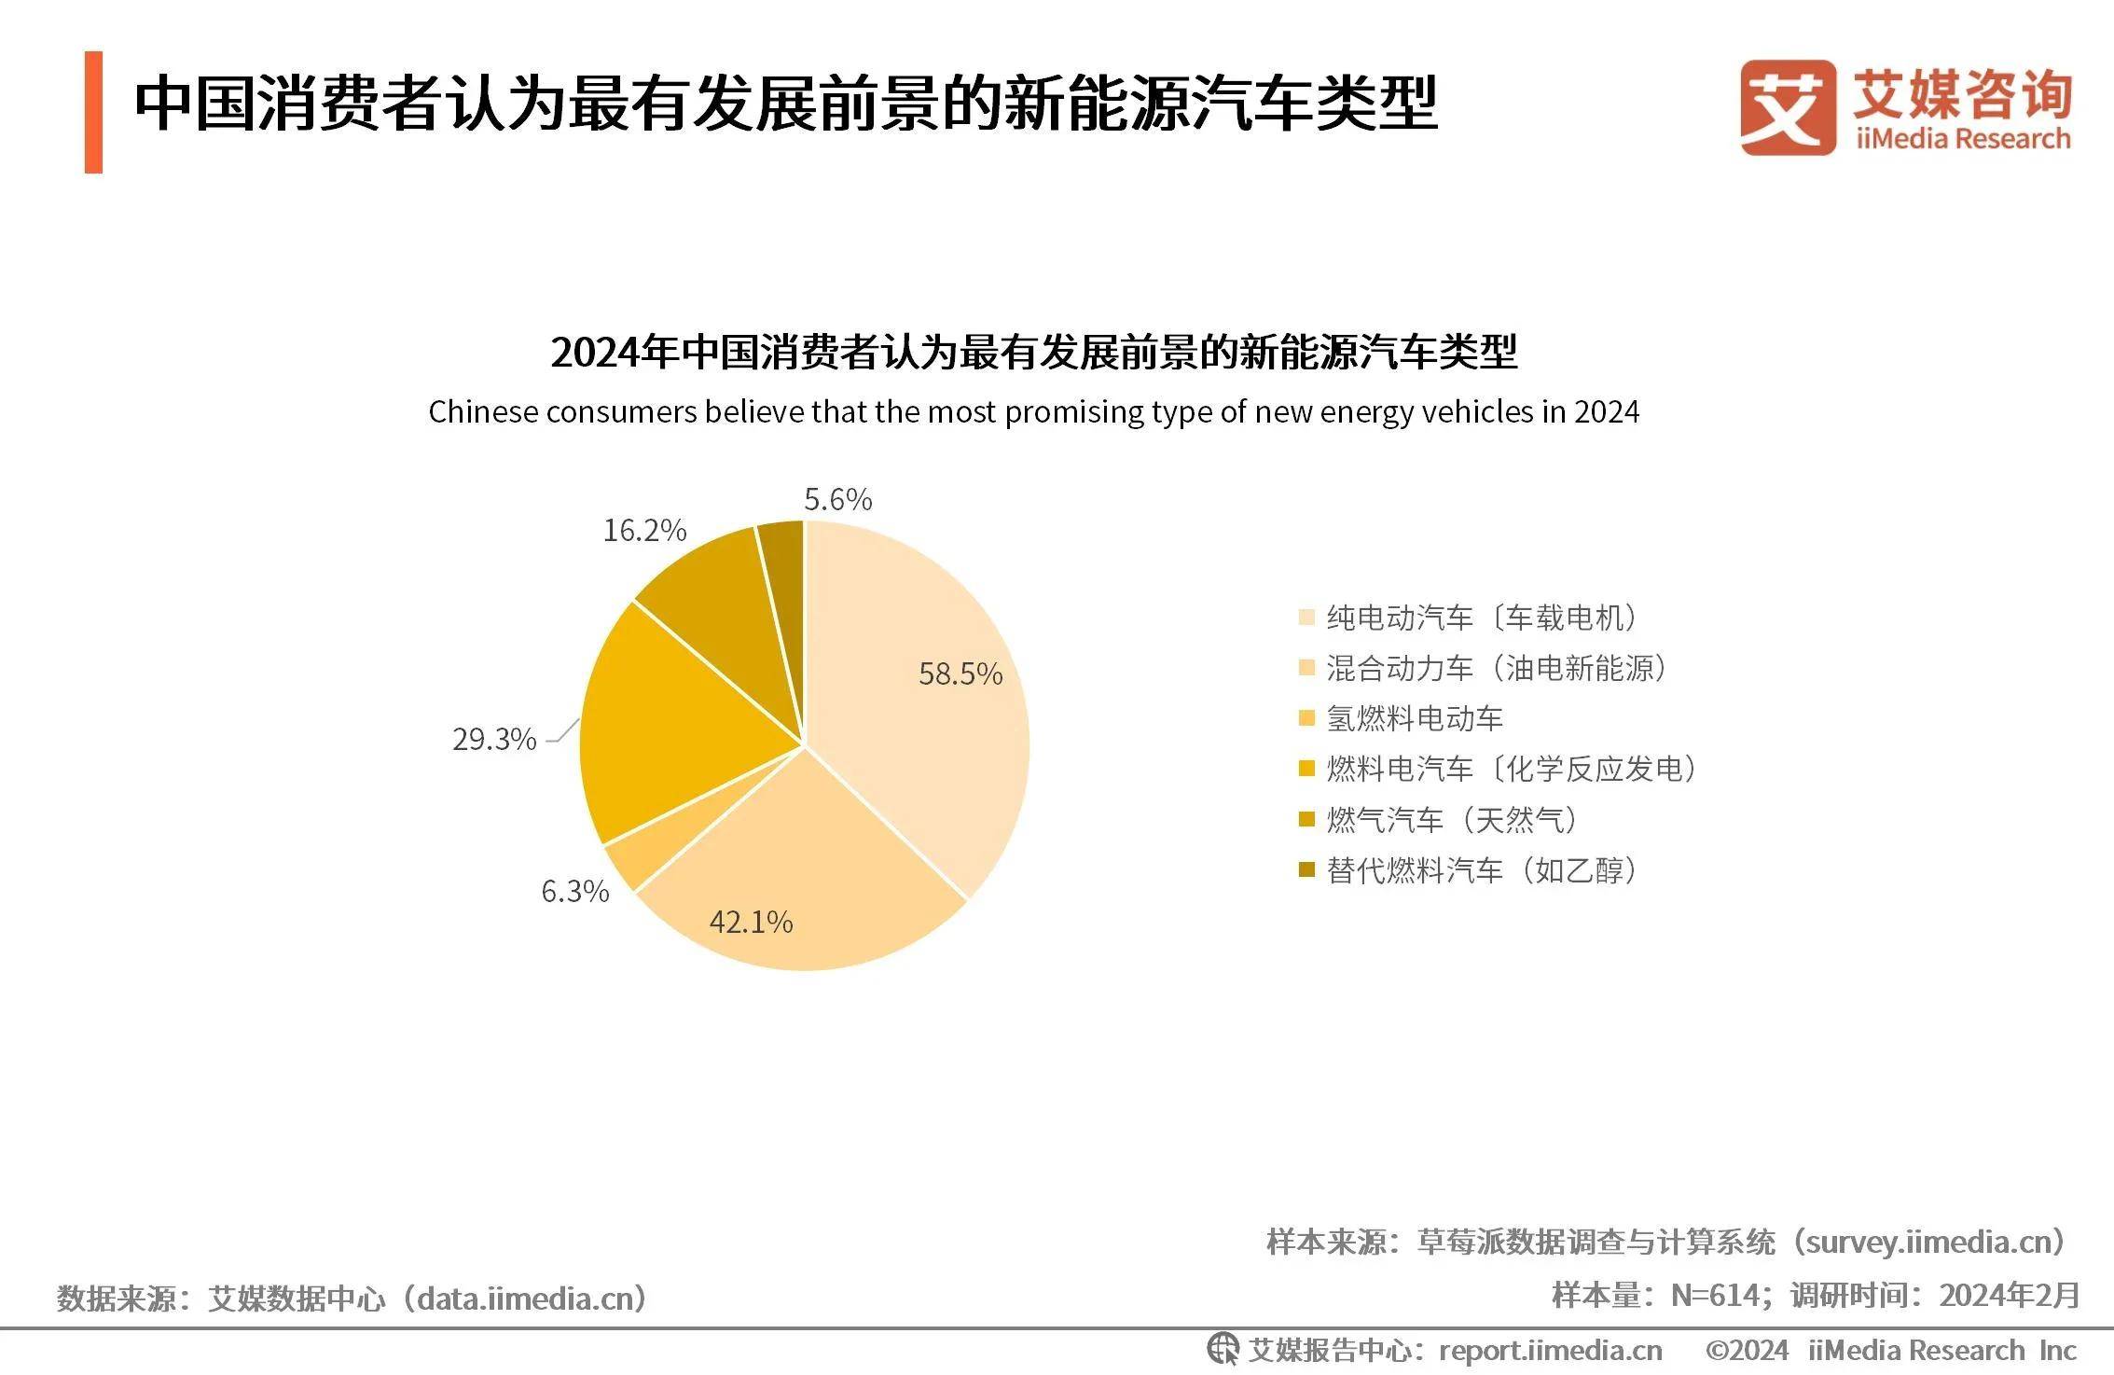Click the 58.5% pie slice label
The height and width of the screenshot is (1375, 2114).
click(960, 674)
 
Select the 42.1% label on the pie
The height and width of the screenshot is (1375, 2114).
click(751, 922)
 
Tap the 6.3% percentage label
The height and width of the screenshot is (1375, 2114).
click(574, 891)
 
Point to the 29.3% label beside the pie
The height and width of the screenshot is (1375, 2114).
click(494, 739)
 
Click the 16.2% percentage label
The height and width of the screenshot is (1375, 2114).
click(644, 530)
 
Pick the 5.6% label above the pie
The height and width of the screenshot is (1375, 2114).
click(837, 499)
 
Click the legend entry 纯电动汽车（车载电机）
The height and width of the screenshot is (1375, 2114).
click(1483, 618)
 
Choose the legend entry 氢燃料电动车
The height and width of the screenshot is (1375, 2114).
click(1415, 718)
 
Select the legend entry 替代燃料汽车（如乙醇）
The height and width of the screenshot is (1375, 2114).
click(1483, 870)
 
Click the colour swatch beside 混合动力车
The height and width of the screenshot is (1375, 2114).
click(1306, 668)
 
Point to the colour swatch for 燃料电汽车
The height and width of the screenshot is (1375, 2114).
click(1306, 769)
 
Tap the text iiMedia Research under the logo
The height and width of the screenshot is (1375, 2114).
click(1962, 140)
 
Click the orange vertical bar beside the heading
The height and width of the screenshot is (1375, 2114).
click(93, 113)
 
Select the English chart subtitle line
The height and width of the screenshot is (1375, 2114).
click(1033, 412)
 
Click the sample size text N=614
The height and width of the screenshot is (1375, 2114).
click(1714, 1295)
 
